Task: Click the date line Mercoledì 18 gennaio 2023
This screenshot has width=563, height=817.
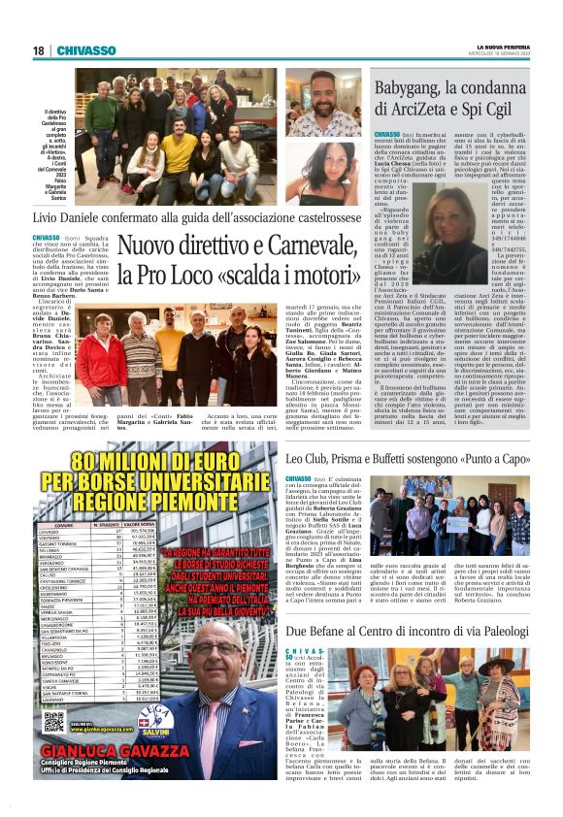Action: (504, 54)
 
